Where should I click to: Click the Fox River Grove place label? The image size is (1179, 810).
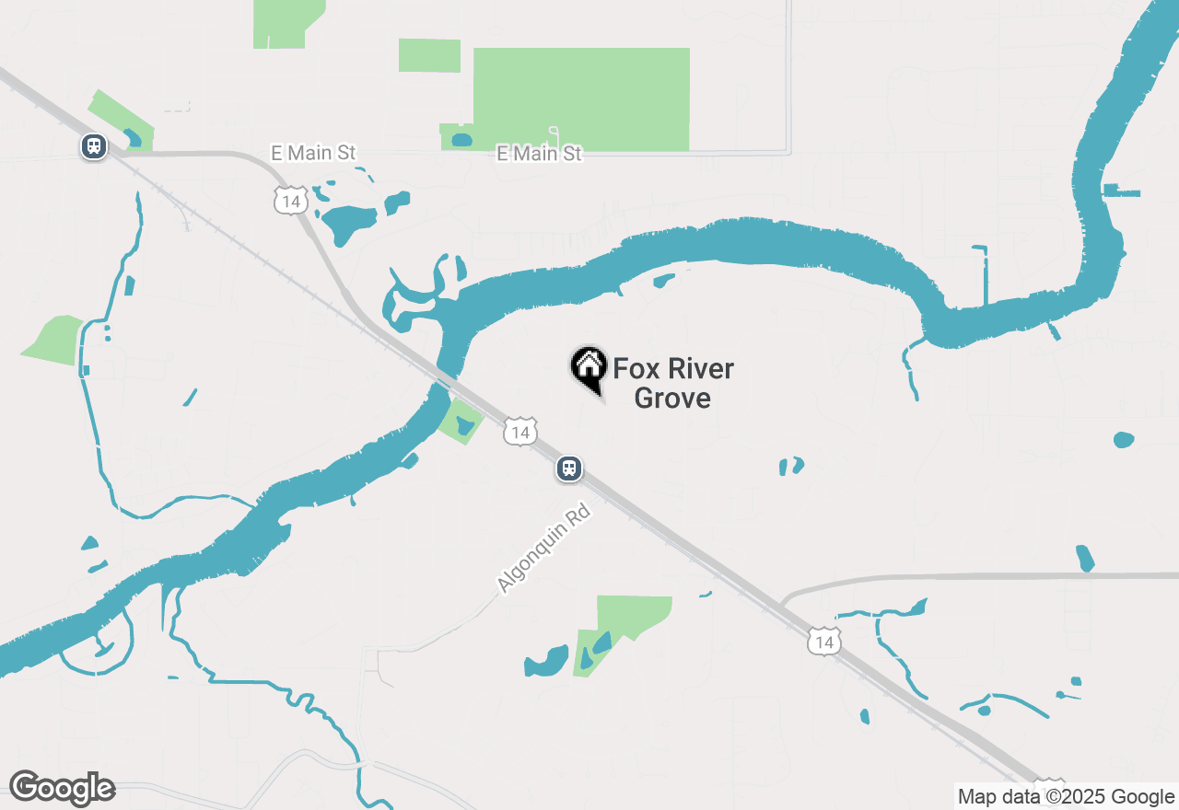pos(673,383)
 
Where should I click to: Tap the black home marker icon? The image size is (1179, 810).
pos(589,368)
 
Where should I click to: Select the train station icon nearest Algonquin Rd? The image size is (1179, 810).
pos(569,469)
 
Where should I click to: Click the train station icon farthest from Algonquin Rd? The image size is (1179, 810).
pos(93,146)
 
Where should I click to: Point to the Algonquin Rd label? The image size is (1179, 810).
pos(543,548)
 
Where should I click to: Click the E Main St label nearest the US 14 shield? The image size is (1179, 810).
pos(313,153)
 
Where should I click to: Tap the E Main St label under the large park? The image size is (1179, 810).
pos(539,154)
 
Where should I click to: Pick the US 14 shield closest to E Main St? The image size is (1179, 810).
pos(291,201)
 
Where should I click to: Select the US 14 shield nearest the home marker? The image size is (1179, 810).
pos(520,432)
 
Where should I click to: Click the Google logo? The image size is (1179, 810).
pos(62,788)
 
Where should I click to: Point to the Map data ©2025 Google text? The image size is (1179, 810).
pos(1066,797)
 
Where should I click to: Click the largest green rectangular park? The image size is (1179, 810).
pos(580,98)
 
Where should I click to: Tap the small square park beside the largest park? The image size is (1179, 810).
pos(429,55)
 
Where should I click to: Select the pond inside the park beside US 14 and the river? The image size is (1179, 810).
pos(464,424)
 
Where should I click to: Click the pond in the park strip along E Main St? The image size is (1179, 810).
pos(461,141)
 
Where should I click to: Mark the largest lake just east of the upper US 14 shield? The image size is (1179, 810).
pos(347,222)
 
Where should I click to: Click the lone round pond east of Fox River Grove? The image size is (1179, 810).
pos(1123,440)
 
